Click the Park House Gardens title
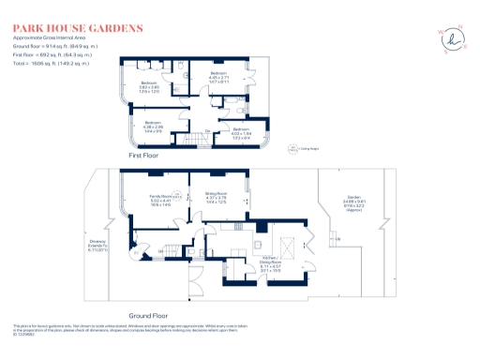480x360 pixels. point(77,27)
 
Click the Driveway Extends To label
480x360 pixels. point(99,247)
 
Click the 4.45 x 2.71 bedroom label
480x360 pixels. point(218,77)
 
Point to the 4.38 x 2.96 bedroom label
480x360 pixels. point(154,127)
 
